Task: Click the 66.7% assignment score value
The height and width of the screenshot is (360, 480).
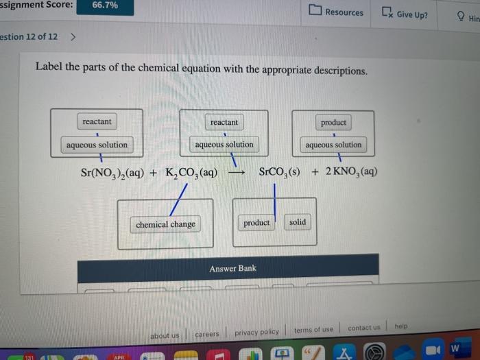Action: [105, 5]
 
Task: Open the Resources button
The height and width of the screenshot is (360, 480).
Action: [337, 12]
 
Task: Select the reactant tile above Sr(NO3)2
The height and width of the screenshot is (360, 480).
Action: [97, 122]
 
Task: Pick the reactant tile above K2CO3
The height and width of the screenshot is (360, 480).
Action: [224, 122]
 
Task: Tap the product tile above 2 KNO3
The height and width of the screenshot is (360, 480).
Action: [333, 123]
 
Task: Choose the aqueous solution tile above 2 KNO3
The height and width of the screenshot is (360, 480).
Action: [333, 145]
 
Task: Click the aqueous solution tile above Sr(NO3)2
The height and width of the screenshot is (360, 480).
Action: [97, 145]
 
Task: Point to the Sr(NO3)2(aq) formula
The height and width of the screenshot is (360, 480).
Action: [112, 172]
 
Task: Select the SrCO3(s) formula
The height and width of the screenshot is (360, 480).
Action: [279, 171]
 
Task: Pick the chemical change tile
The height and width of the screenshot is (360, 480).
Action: [165, 224]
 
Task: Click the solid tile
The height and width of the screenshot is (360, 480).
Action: [298, 222]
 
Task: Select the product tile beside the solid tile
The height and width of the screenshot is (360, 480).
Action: [256, 223]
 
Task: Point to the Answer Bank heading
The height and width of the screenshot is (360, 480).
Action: [232, 268]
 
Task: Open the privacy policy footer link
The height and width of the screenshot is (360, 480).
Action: [256, 332]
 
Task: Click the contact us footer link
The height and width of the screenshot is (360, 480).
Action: [363, 328]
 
